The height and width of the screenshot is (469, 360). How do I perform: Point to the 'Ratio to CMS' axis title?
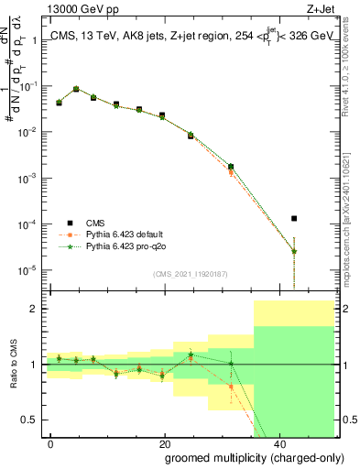tap(14, 366)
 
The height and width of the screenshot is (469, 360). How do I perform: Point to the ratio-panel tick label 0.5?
tap(31, 420)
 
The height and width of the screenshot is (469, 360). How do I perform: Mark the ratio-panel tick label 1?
tap(35, 365)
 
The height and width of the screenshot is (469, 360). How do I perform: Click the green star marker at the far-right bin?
tap(294, 252)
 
